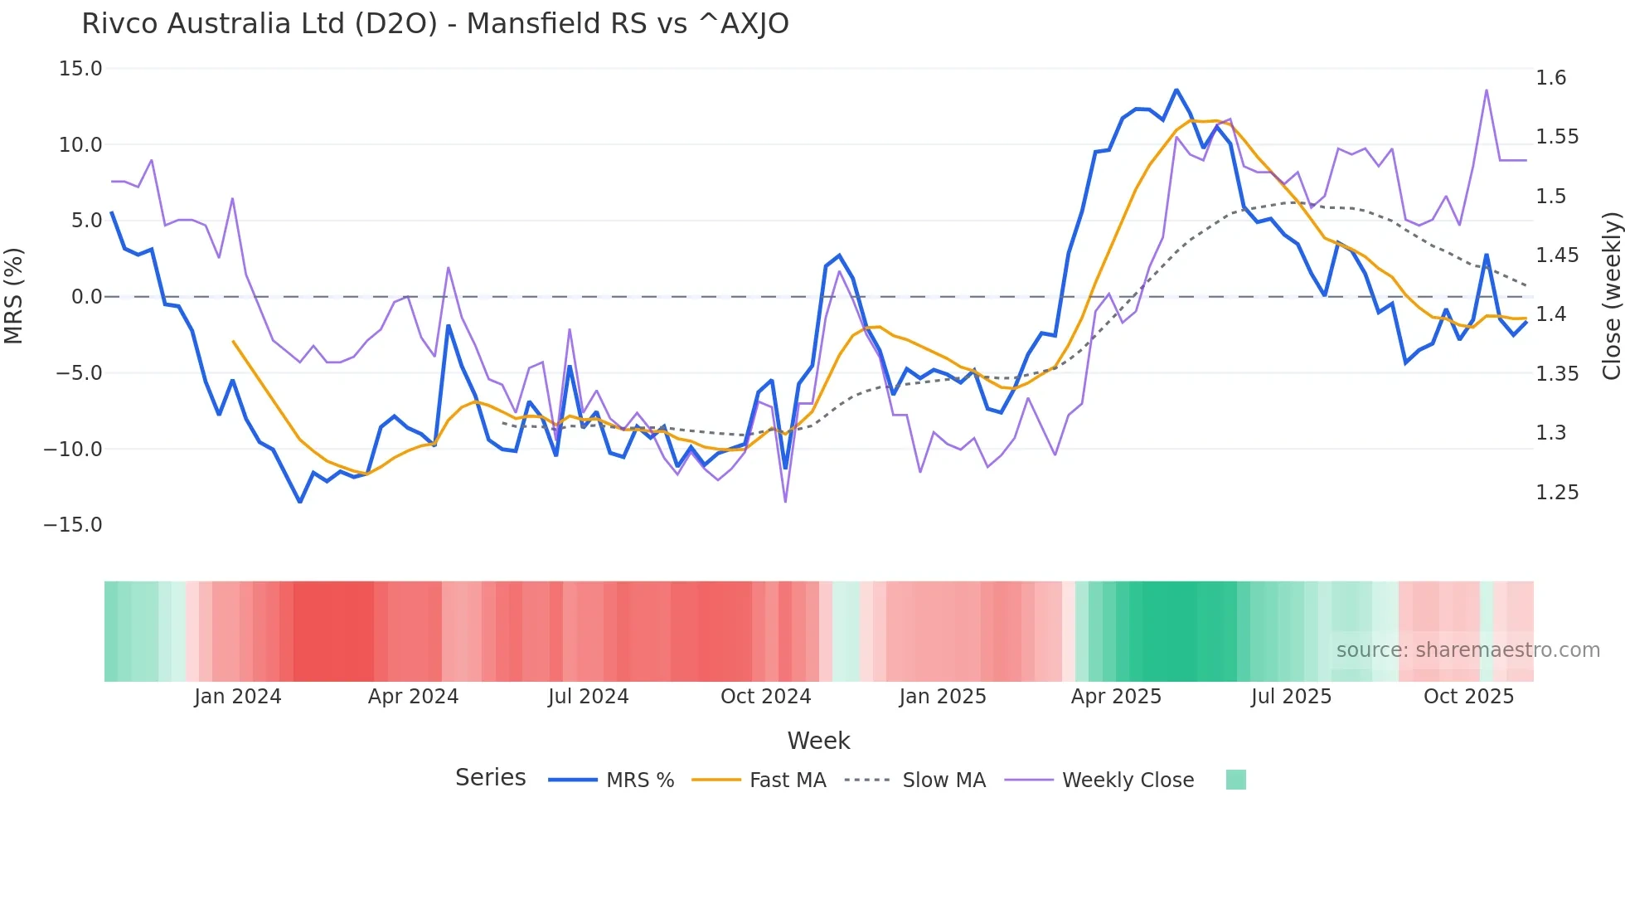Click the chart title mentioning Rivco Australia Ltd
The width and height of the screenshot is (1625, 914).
point(434,24)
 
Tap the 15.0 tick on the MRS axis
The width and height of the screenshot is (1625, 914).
point(80,69)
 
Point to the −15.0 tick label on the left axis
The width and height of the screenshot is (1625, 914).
point(73,525)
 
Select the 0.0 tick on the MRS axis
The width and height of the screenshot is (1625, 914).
point(86,297)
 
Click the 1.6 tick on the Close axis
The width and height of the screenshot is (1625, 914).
point(1551,78)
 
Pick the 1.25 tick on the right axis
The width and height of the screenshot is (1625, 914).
point(1557,493)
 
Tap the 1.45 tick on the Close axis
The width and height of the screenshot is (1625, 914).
point(1557,255)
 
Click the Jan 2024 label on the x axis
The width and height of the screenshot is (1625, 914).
point(238,697)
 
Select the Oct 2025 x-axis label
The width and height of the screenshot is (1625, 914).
point(1468,697)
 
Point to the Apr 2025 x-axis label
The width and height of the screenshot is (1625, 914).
point(1116,697)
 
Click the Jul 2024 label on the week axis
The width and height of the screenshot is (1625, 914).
point(588,697)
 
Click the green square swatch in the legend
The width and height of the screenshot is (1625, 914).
point(1235,780)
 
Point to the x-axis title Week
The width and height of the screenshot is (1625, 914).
point(818,741)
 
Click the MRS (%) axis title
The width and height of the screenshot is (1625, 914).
point(14,296)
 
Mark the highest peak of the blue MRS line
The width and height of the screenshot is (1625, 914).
point(1176,90)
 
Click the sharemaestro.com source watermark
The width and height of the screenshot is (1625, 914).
point(1467,650)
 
